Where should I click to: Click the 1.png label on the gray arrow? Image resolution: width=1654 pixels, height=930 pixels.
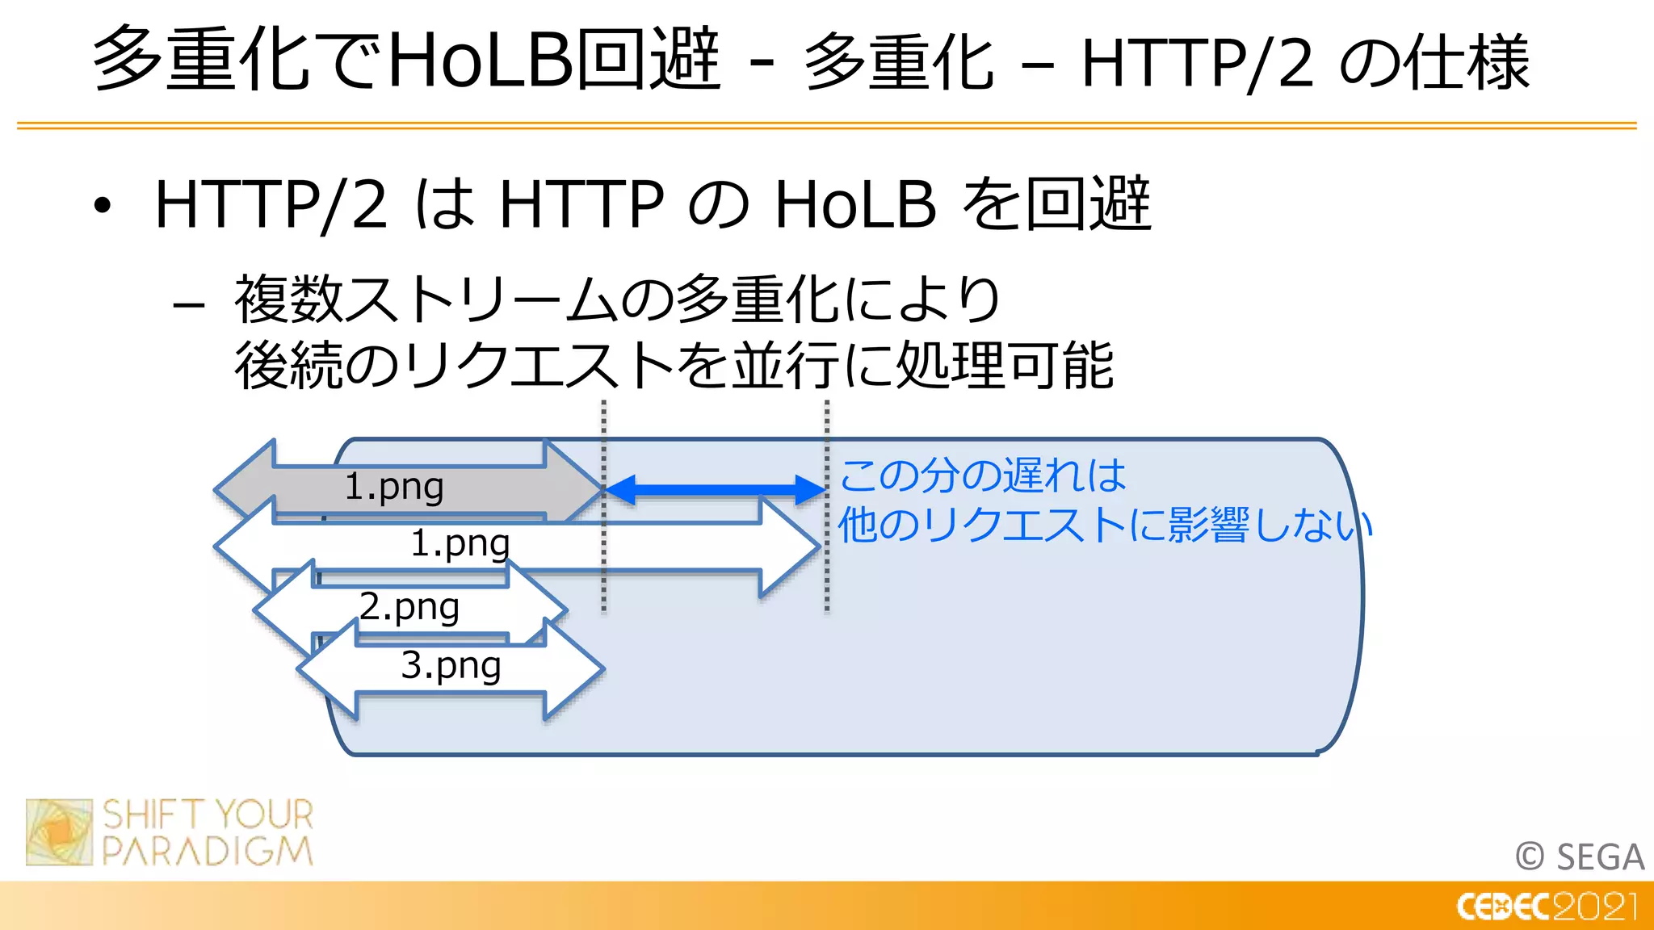[394, 487]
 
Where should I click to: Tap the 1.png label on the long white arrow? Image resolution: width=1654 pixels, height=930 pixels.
[460, 543]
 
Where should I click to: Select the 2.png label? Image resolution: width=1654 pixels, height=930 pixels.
[409, 606]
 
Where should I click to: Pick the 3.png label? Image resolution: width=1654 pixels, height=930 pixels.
[451, 666]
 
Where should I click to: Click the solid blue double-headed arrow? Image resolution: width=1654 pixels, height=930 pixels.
[716, 489]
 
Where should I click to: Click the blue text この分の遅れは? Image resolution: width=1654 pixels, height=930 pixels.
[983, 475]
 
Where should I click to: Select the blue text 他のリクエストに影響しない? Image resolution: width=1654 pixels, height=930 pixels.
[1105, 526]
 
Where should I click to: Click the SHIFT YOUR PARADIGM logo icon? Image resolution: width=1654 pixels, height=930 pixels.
[59, 832]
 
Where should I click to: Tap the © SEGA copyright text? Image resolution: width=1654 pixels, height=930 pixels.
[1580, 857]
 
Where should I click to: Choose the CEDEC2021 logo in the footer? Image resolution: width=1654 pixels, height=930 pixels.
[1547, 907]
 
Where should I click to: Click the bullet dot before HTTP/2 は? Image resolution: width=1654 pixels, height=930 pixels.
[102, 206]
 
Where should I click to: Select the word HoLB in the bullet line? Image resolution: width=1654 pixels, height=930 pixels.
[855, 204]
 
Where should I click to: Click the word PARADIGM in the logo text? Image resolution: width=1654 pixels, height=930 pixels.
[208, 852]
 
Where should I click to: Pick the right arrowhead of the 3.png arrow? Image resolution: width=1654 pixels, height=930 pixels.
[575, 669]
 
